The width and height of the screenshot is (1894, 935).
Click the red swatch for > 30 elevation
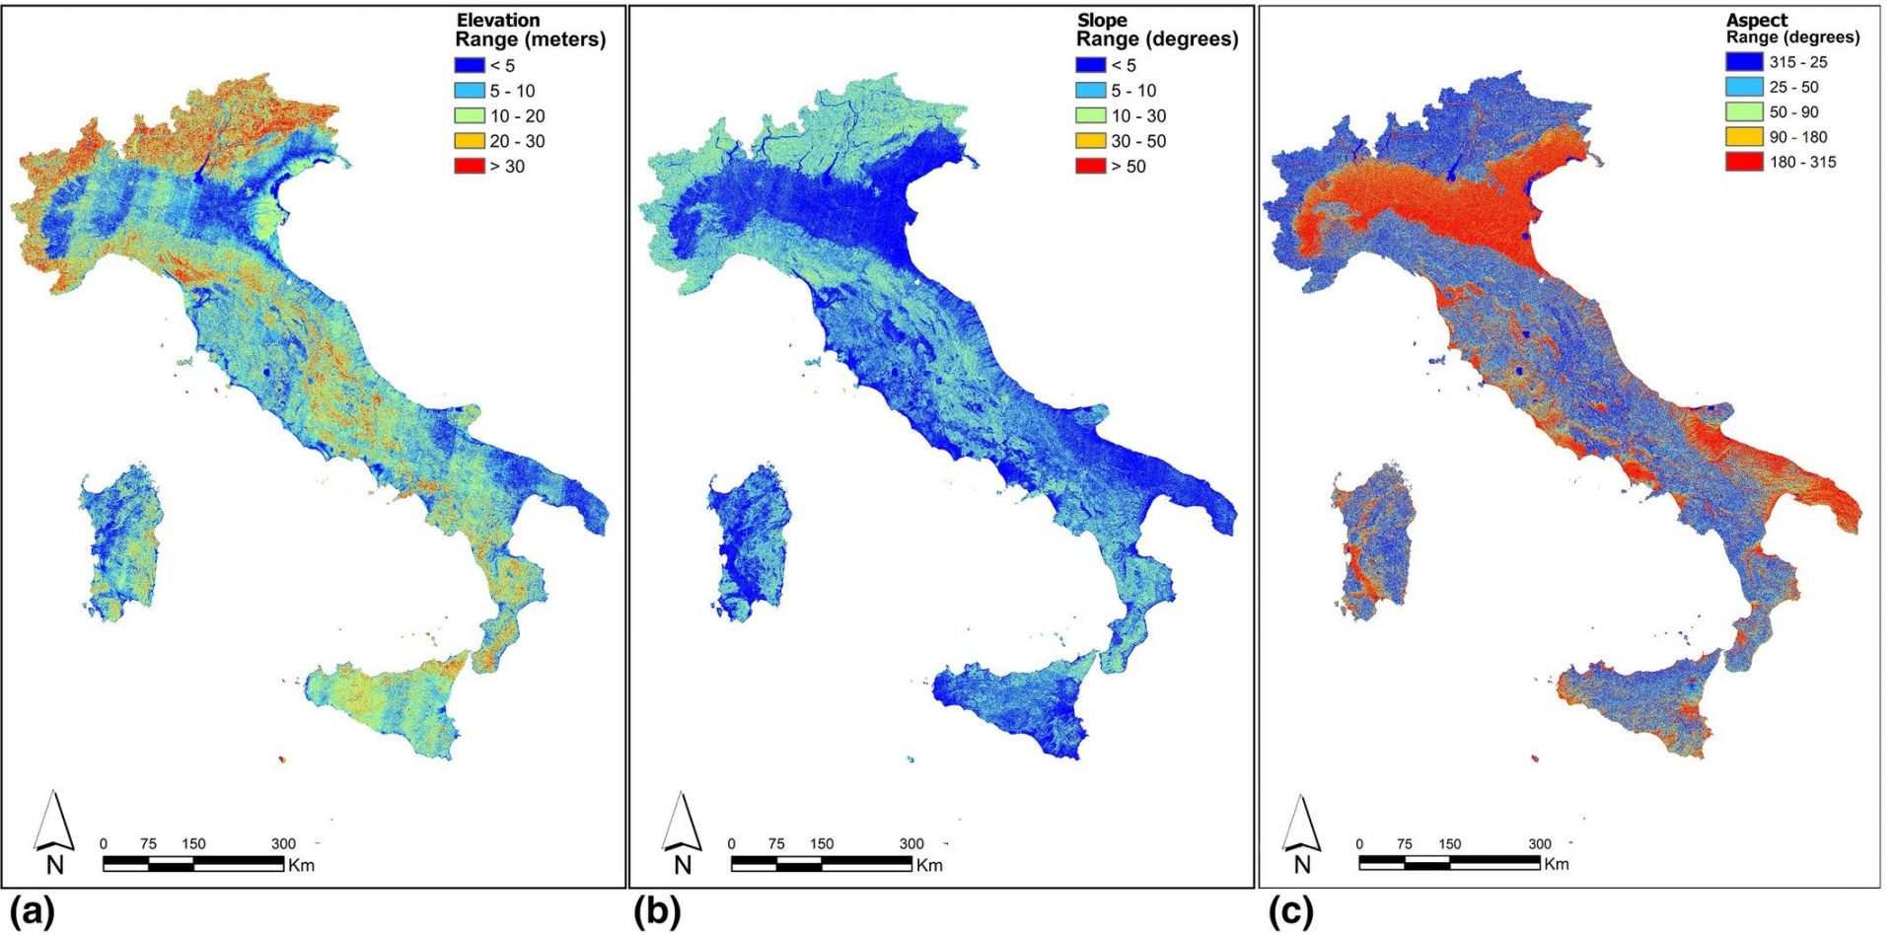coord(470,166)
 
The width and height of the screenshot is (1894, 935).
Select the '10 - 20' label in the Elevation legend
coord(517,115)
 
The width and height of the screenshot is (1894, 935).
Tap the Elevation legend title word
coord(498,20)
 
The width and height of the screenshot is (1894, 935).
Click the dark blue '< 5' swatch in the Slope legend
coord(1091,65)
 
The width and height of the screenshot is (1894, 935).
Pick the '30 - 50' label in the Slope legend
coord(1138,141)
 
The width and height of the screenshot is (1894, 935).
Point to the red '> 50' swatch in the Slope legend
coord(1091,166)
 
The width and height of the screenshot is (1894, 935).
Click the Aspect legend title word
coord(1756,20)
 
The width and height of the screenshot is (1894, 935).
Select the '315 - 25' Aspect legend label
coord(1797,62)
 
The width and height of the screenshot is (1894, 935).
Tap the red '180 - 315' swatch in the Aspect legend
coord(1743,162)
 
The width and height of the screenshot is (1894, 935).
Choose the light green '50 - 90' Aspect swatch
coord(1743,111)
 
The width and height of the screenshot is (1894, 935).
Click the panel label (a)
coord(30,913)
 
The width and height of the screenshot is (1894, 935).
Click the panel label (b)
coord(656,913)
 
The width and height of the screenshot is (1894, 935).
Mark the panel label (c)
coord(1291,913)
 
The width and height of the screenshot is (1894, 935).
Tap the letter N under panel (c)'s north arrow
coord(1302,865)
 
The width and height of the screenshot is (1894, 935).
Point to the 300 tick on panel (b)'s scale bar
coord(911,844)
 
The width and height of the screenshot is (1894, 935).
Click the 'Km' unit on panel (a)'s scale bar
coord(301,865)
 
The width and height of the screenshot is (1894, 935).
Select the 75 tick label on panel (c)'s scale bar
coord(1404,844)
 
